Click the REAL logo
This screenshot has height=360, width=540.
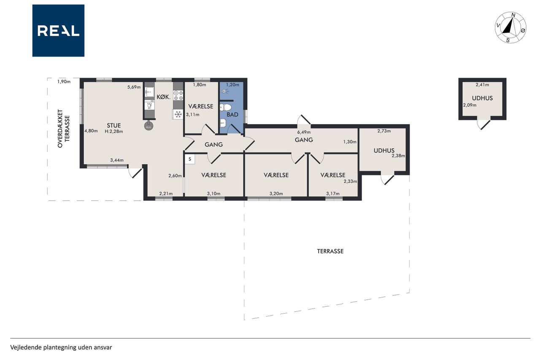58,31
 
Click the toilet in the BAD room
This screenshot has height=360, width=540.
226,107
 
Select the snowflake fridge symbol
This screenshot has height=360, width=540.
178,114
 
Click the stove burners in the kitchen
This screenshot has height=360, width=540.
178,95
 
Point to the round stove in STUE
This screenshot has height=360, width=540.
149,126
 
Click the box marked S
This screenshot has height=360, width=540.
190,159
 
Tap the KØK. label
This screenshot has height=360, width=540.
163,97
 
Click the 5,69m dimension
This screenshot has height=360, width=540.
134,87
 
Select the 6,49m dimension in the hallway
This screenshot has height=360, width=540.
304,132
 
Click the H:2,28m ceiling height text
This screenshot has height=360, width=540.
114,131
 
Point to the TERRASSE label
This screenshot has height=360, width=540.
330,251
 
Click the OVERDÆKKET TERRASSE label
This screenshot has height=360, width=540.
63,129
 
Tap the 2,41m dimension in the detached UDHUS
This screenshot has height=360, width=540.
482,85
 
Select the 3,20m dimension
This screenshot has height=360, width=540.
276,193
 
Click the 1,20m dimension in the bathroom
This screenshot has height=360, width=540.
232,85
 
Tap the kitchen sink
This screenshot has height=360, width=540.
150,92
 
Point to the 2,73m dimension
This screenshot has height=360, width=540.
384,131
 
